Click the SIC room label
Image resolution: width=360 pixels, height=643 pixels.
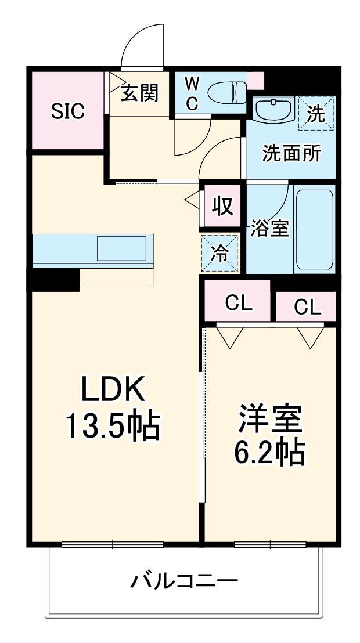(x=67, y=111)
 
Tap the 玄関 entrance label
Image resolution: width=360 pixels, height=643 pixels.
(x=140, y=93)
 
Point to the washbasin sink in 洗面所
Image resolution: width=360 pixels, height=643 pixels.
(x=273, y=110)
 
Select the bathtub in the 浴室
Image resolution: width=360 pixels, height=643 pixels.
(x=314, y=227)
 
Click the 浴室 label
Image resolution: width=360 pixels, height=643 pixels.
(x=269, y=228)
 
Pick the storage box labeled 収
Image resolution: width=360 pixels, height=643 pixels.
(x=221, y=206)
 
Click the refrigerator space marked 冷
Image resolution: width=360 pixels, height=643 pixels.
(x=219, y=253)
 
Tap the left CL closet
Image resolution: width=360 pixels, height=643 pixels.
(x=238, y=302)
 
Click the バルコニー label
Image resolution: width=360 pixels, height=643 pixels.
(x=183, y=581)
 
